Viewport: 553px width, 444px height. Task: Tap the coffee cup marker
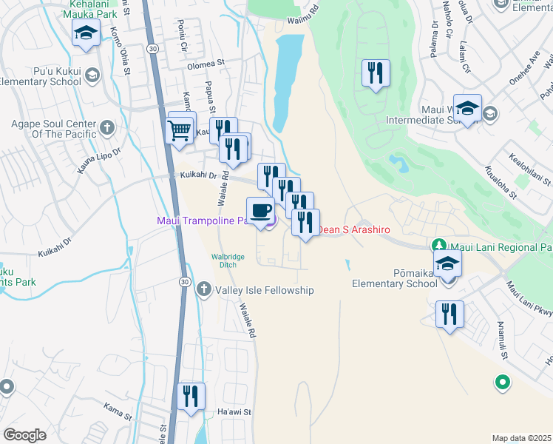tap(260, 211)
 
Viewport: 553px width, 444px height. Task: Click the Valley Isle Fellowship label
tap(264, 291)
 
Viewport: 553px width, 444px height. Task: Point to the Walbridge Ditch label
tap(228, 260)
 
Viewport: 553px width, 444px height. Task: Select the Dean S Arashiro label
tap(354, 230)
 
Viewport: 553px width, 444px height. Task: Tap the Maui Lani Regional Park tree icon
tap(439, 245)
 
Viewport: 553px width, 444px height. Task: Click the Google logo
tap(24, 435)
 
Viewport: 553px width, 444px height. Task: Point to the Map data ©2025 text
tap(522, 438)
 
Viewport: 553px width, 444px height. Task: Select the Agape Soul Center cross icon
tap(107, 128)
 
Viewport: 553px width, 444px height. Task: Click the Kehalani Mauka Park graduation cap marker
tap(86, 33)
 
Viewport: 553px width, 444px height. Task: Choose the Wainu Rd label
tap(303, 10)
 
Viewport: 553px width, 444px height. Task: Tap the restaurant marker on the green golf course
tap(376, 73)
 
